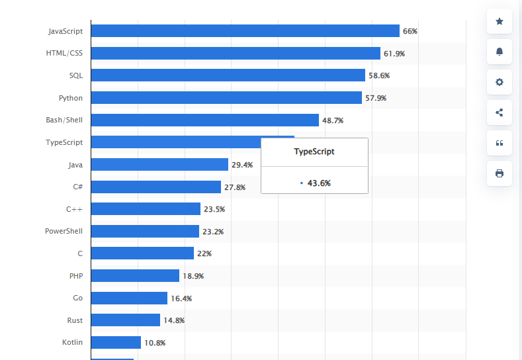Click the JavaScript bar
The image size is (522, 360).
(x=245, y=31)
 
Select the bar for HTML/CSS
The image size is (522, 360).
(x=236, y=53)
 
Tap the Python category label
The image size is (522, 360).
(x=71, y=98)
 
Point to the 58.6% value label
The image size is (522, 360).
(x=379, y=75)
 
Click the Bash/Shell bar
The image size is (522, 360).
(x=204, y=120)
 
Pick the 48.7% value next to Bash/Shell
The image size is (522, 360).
(x=333, y=120)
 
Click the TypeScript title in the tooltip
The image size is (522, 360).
(x=314, y=152)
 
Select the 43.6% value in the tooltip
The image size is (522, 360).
(x=319, y=183)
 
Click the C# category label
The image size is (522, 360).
(x=78, y=187)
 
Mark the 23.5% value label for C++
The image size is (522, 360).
(x=214, y=209)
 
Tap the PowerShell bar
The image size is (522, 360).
(x=145, y=231)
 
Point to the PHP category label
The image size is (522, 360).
(x=75, y=275)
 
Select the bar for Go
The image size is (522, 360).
(x=129, y=298)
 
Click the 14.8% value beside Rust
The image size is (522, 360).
(x=174, y=320)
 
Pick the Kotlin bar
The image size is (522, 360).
(x=116, y=342)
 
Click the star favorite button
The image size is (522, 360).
(x=499, y=22)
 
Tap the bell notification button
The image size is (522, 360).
(x=499, y=52)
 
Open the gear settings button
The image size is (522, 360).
(x=499, y=82)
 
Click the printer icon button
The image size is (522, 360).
(x=499, y=173)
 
